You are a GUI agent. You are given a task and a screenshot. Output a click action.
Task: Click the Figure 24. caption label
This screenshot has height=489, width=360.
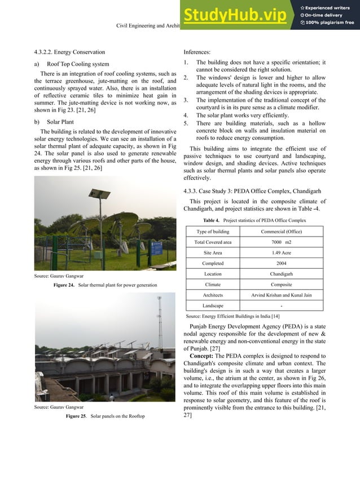point(64,285)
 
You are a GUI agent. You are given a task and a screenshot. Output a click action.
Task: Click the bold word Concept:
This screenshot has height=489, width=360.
point(201,356)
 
